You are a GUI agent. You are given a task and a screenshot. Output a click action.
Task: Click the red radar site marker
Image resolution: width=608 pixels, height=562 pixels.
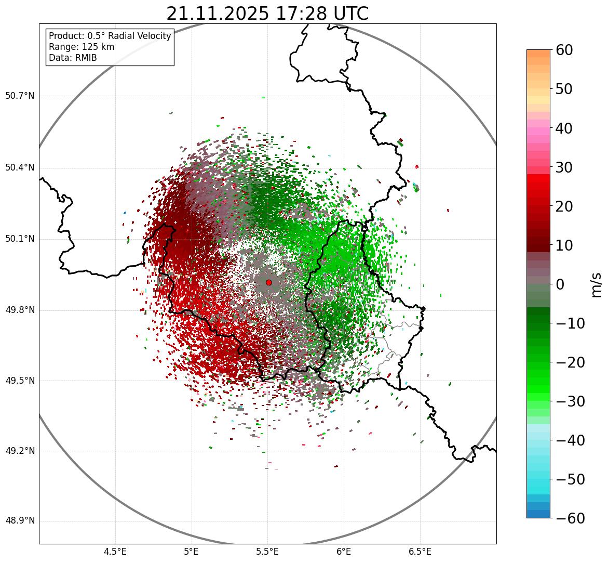pos(268,282)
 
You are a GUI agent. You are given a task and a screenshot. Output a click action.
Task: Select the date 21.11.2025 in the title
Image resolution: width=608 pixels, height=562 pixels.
pos(218,14)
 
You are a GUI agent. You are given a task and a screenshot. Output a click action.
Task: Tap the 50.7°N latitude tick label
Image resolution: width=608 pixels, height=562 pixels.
pos(20,96)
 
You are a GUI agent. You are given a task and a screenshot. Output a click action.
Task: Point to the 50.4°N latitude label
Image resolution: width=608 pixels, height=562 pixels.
pos(20,168)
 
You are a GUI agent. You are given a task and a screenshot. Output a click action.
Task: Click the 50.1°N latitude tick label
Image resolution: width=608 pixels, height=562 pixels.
pos(20,239)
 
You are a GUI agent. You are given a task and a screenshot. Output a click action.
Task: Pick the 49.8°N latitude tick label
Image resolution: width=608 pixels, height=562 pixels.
pos(20,310)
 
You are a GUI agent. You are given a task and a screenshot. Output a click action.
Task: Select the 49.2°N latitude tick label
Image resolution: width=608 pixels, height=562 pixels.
pos(20,451)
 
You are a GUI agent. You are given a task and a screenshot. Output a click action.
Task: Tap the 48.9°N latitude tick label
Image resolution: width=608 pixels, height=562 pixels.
pos(20,521)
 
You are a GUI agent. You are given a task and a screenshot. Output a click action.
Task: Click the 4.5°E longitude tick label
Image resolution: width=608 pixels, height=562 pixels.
pos(115,552)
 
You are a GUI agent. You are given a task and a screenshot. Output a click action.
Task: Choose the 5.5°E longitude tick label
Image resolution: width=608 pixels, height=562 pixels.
pos(267,552)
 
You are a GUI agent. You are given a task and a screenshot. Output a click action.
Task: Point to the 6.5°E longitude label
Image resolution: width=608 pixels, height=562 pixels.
pos(420,552)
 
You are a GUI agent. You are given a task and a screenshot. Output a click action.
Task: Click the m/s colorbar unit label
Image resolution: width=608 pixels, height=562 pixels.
pos(597,284)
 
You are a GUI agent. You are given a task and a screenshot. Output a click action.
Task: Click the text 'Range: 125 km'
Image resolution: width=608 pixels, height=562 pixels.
pos(82,47)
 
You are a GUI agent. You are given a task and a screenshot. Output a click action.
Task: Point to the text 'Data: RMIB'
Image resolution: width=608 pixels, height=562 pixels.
pos(73,58)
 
